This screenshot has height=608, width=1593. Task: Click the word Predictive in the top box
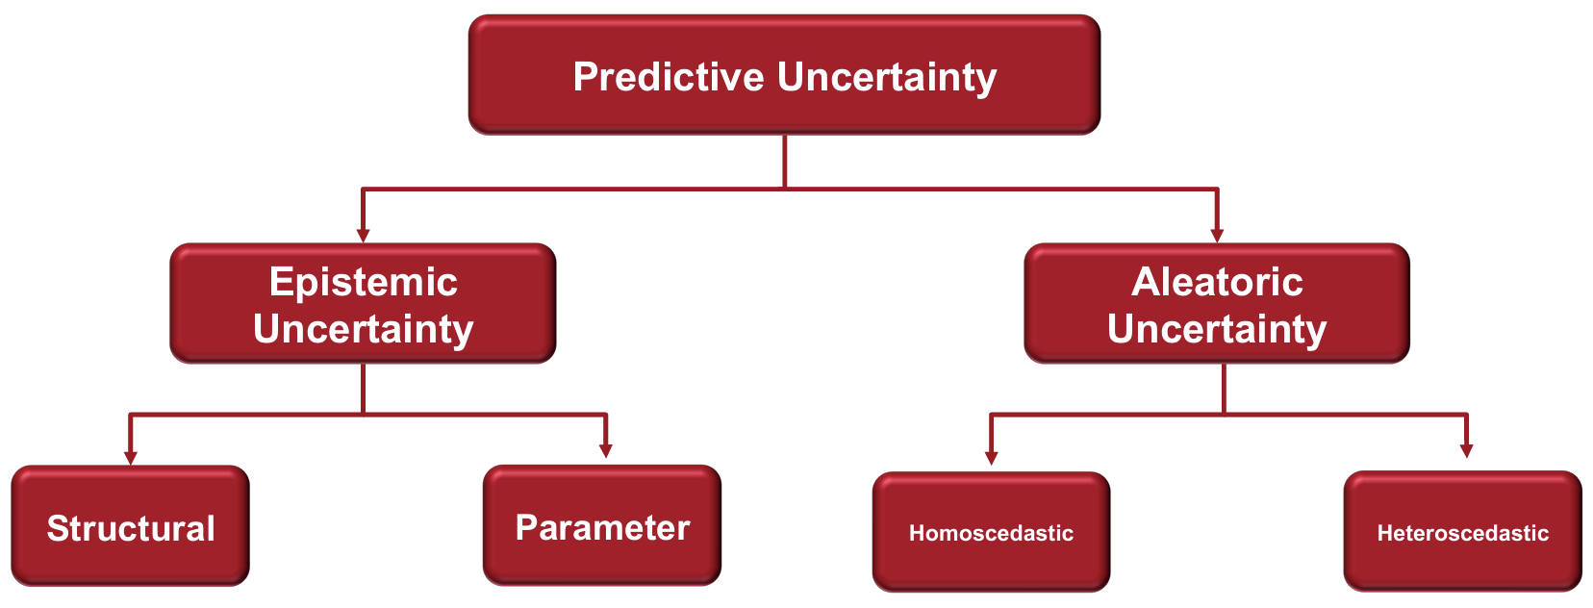[x=669, y=77]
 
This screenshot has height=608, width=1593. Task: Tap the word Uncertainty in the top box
[x=887, y=78]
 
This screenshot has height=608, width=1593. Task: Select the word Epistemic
[x=364, y=283]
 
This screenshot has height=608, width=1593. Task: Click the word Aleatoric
[x=1217, y=282]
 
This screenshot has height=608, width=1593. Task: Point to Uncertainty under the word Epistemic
[x=364, y=330]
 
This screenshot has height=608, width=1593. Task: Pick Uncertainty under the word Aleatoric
[x=1217, y=330]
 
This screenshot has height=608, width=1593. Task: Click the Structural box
[x=131, y=525]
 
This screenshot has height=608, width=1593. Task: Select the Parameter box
[x=602, y=525]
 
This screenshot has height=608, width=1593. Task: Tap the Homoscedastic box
[x=992, y=531]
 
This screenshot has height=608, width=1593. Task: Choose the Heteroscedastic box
[x=1463, y=531]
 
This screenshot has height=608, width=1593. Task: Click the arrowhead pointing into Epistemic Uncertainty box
[x=363, y=236]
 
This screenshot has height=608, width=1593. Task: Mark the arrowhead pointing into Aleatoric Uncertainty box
[x=1217, y=236]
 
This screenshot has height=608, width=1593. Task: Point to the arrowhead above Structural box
[x=130, y=457]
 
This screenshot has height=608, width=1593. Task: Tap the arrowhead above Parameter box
[x=605, y=451]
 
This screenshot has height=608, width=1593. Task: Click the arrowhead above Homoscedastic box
[x=992, y=458]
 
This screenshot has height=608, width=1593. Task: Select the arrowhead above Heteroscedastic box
[x=1466, y=450]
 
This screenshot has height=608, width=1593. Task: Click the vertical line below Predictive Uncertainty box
[x=784, y=162]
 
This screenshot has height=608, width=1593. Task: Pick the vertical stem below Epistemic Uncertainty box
[x=364, y=389]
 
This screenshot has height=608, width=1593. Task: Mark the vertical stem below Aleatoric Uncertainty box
[x=1224, y=389]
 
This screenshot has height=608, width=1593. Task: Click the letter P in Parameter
[x=527, y=527]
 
